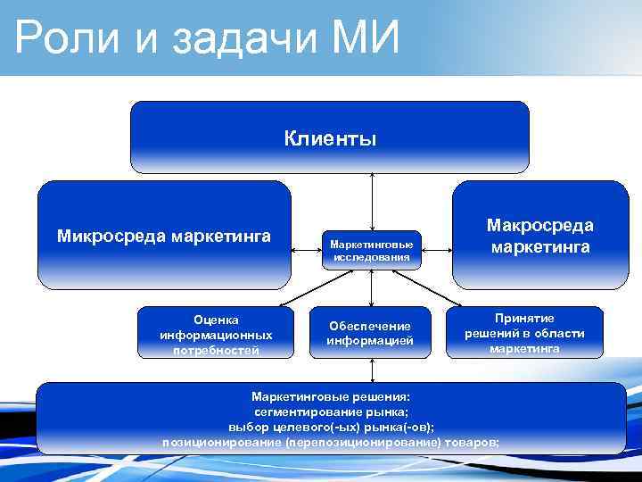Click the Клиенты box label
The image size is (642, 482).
330,138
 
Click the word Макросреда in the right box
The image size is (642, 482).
539,227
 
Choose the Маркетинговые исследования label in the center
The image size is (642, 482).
371,250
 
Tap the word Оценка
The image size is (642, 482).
215,319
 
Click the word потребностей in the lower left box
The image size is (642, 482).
215,350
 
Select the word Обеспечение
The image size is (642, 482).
370,326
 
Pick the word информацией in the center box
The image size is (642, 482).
370,340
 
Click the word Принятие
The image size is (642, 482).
524,318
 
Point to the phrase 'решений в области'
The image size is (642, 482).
524,333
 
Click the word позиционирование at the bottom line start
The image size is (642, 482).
219,442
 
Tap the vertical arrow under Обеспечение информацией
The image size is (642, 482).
371,370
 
